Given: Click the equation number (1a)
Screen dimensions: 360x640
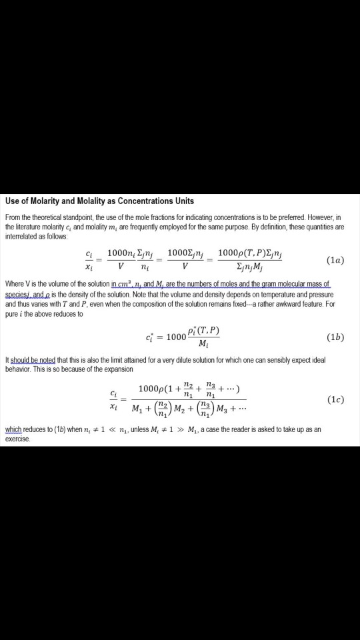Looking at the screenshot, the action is [x=336, y=259].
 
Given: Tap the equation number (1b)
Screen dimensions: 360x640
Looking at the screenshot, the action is [x=336, y=337].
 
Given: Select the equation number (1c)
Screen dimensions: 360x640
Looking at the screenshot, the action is [x=336, y=400].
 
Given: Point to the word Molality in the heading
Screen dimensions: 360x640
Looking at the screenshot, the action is [x=101, y=201].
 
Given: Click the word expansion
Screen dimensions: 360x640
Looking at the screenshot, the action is [x=117, y=369].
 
